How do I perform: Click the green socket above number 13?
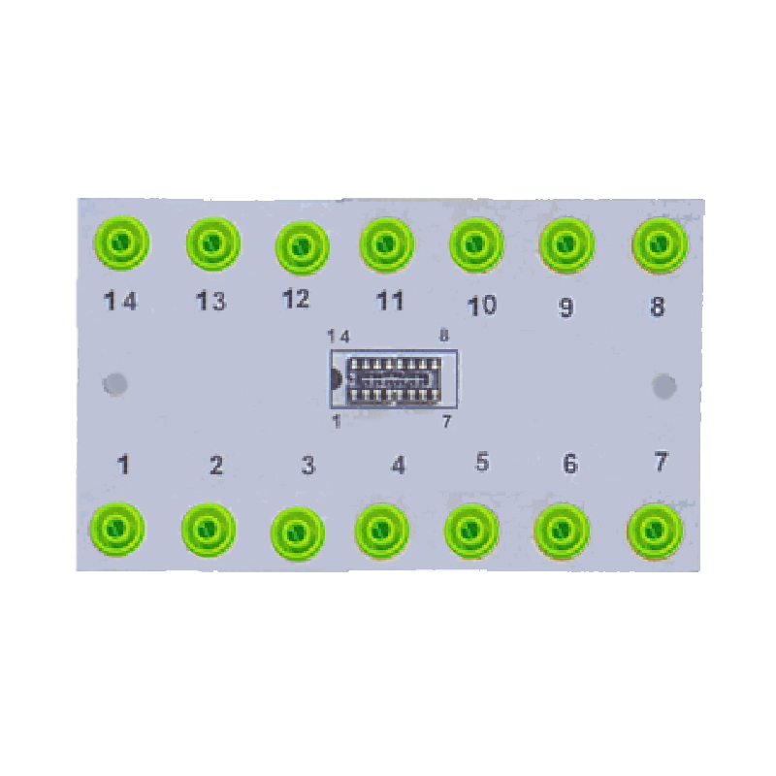click(x=212, y=243)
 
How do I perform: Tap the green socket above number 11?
click(x=386, y=242)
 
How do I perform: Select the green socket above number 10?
click(x=475, y=242)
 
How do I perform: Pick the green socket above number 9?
click(x=566, y=243)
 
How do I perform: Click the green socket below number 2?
click(x=208, y=530)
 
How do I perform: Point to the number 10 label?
click(x=481, y=306)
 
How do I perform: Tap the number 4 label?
click(x=398, y=466)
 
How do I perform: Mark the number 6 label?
click(x=569, y=465)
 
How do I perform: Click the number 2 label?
click(x=216, y=466)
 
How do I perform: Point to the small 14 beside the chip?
click(x=339, y=336)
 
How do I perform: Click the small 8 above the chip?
click(x=444, y=336)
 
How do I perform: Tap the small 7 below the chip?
click(x=446, y=421)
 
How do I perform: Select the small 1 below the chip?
click(x=336, y=421)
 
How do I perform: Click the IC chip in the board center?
click(x=394, y=379)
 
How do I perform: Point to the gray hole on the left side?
click(x=115, y=384)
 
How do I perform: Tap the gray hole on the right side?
click(x=664, y=386)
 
